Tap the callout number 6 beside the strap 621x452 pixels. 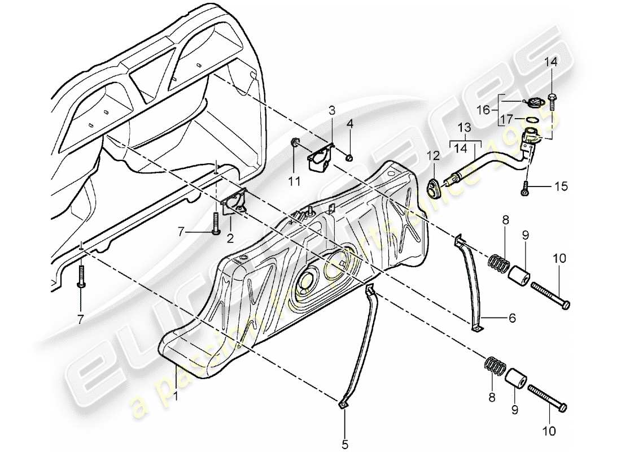[512, 319]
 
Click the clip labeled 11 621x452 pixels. [295, 142]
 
